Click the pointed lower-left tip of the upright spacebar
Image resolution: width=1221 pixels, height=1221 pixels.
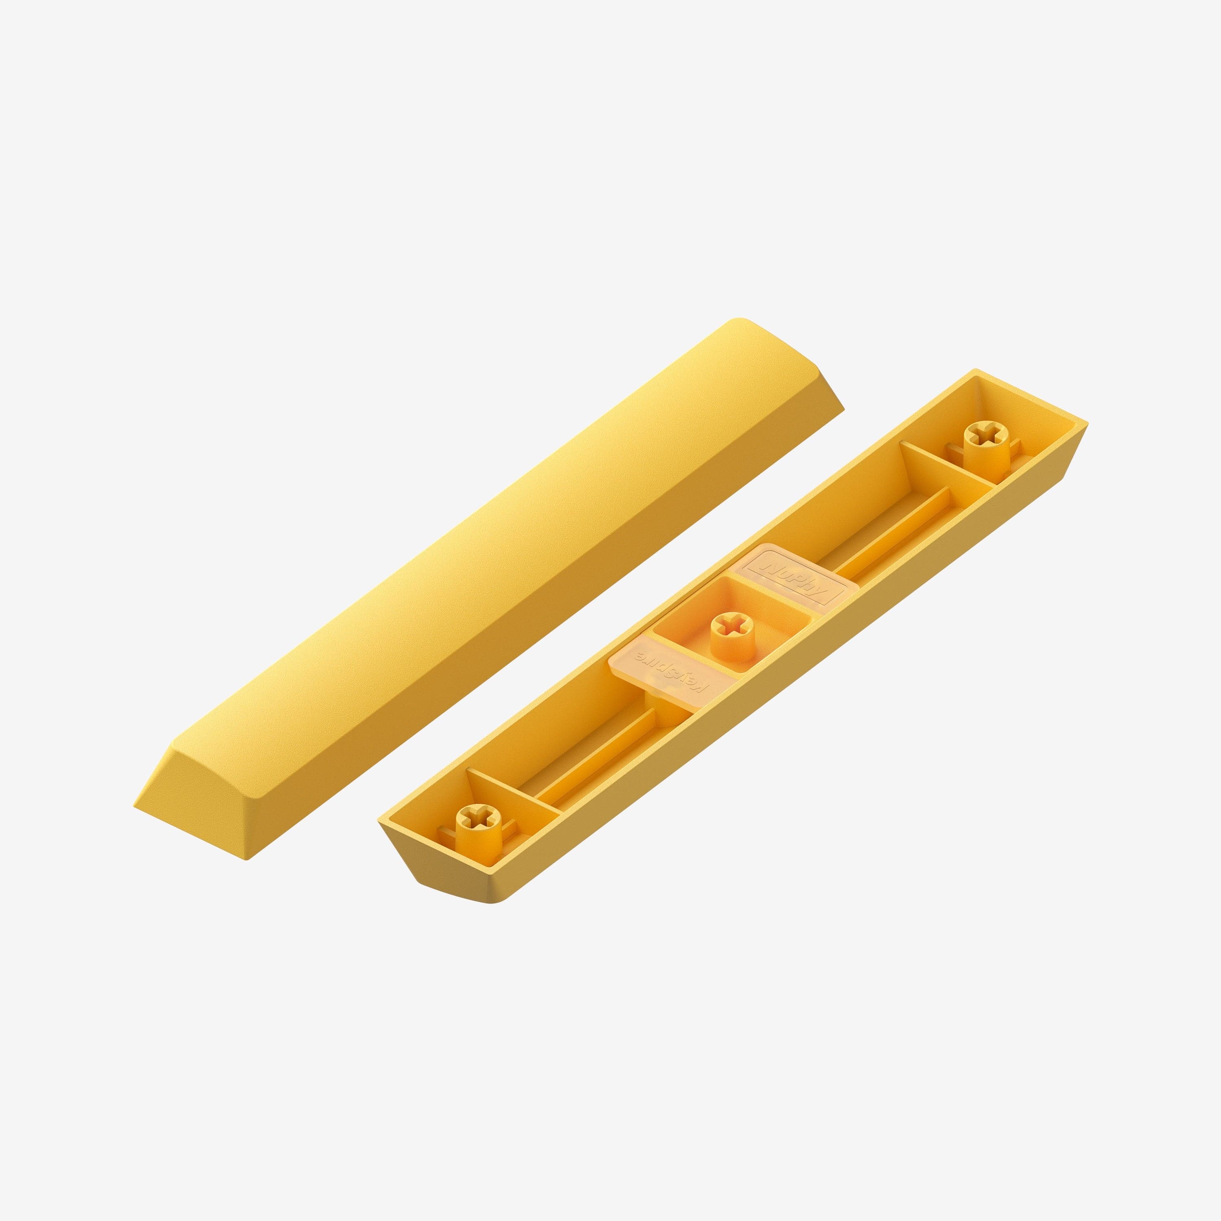tap(136, 806)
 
